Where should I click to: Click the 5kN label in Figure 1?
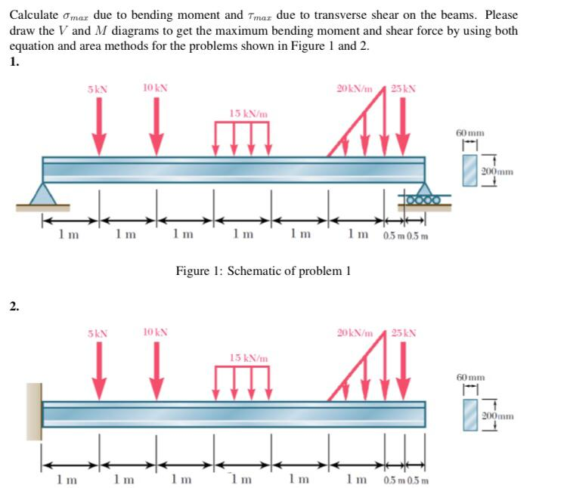tap(98, 88)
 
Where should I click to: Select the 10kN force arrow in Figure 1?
tap(156, 125)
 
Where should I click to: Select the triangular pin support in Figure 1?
tap(43, 196)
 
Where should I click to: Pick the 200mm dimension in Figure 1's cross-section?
tap(497, 171)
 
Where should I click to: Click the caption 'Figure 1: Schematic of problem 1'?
tap(262, 270)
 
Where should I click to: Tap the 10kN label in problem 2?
tap(156, 332)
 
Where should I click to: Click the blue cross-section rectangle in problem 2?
tap(470, 415)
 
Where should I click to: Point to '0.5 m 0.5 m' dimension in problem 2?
tap(406, 480)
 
